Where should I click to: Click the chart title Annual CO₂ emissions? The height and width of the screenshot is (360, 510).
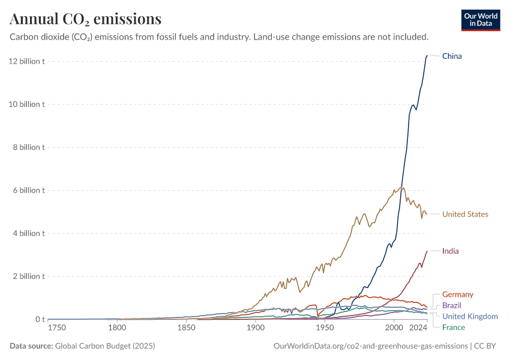tap(85, 19)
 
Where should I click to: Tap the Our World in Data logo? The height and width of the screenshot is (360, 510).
tap(480, 20)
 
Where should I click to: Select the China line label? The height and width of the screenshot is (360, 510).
tap(452, 56)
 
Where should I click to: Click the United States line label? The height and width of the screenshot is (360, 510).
tap(465, 214)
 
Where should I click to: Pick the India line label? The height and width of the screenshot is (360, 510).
tap(450, 251)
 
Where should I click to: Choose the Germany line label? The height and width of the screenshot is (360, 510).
tap(457, 295)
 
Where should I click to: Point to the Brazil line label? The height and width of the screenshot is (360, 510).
tap(451, 305)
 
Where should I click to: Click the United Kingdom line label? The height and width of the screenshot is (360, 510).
tap(470, 316)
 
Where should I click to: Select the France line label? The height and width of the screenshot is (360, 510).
tap(453, 327)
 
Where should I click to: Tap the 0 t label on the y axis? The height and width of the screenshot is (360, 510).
tap(39, 319)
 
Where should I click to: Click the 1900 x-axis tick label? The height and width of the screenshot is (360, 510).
tap(256, 328)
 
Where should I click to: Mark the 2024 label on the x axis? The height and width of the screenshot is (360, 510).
tap(418, 328)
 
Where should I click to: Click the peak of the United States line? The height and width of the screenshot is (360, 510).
tap(402, 187)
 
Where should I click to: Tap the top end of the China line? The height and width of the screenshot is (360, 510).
tap(427, 56)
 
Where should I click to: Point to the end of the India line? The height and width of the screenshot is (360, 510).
tap(427, 251)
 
